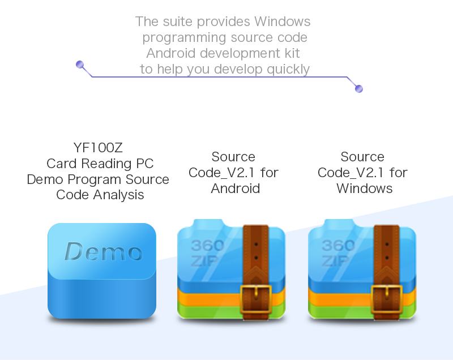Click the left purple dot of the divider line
click(80, 65)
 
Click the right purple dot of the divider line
click(358, 89)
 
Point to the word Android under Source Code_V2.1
click(235, 188)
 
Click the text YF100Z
click(98, 148)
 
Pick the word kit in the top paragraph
click(292, 54)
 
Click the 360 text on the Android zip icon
click(207, 246)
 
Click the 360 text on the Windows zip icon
click(337, 246)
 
